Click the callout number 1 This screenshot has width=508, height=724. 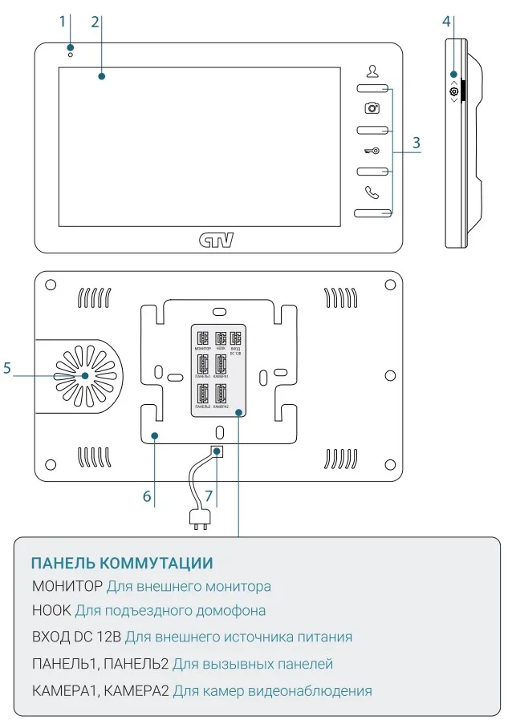62,22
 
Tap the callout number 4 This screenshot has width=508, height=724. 446,22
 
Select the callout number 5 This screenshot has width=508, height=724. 7,369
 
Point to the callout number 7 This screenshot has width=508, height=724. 209,496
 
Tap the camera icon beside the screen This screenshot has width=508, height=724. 372,107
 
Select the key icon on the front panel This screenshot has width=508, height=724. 371,149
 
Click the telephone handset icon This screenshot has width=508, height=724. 371,192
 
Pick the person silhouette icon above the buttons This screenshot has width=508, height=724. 372,70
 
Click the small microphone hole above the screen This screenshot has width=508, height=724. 71,54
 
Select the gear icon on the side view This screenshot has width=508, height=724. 454,92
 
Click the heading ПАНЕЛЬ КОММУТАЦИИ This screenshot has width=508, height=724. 122,563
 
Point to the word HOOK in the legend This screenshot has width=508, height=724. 51,611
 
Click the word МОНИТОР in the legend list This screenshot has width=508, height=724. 67,586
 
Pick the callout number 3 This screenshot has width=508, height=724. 416,144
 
